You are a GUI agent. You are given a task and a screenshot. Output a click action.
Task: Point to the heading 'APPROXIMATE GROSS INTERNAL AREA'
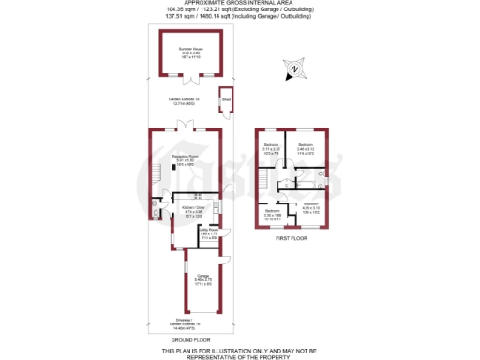tap(239, 5)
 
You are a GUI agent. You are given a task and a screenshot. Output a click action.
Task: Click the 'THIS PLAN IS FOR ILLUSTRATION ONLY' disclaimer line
tap(239, 349)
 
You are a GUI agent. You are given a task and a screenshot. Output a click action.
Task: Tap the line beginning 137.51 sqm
tap(239, 20)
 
